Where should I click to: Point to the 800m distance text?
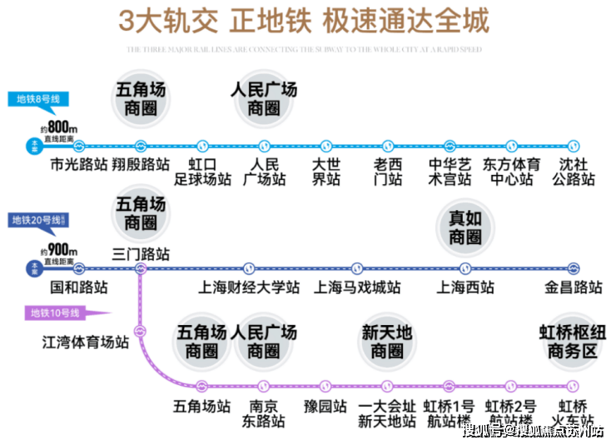click(59, 127)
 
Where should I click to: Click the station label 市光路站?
click(79, 165)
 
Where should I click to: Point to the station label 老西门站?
click(388, 172)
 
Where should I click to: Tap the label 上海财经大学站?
click(248, 287)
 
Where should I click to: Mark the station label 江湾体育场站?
click(86, 342)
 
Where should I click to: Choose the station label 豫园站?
click(324, 407)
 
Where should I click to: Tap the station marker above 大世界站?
click(326, 145)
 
